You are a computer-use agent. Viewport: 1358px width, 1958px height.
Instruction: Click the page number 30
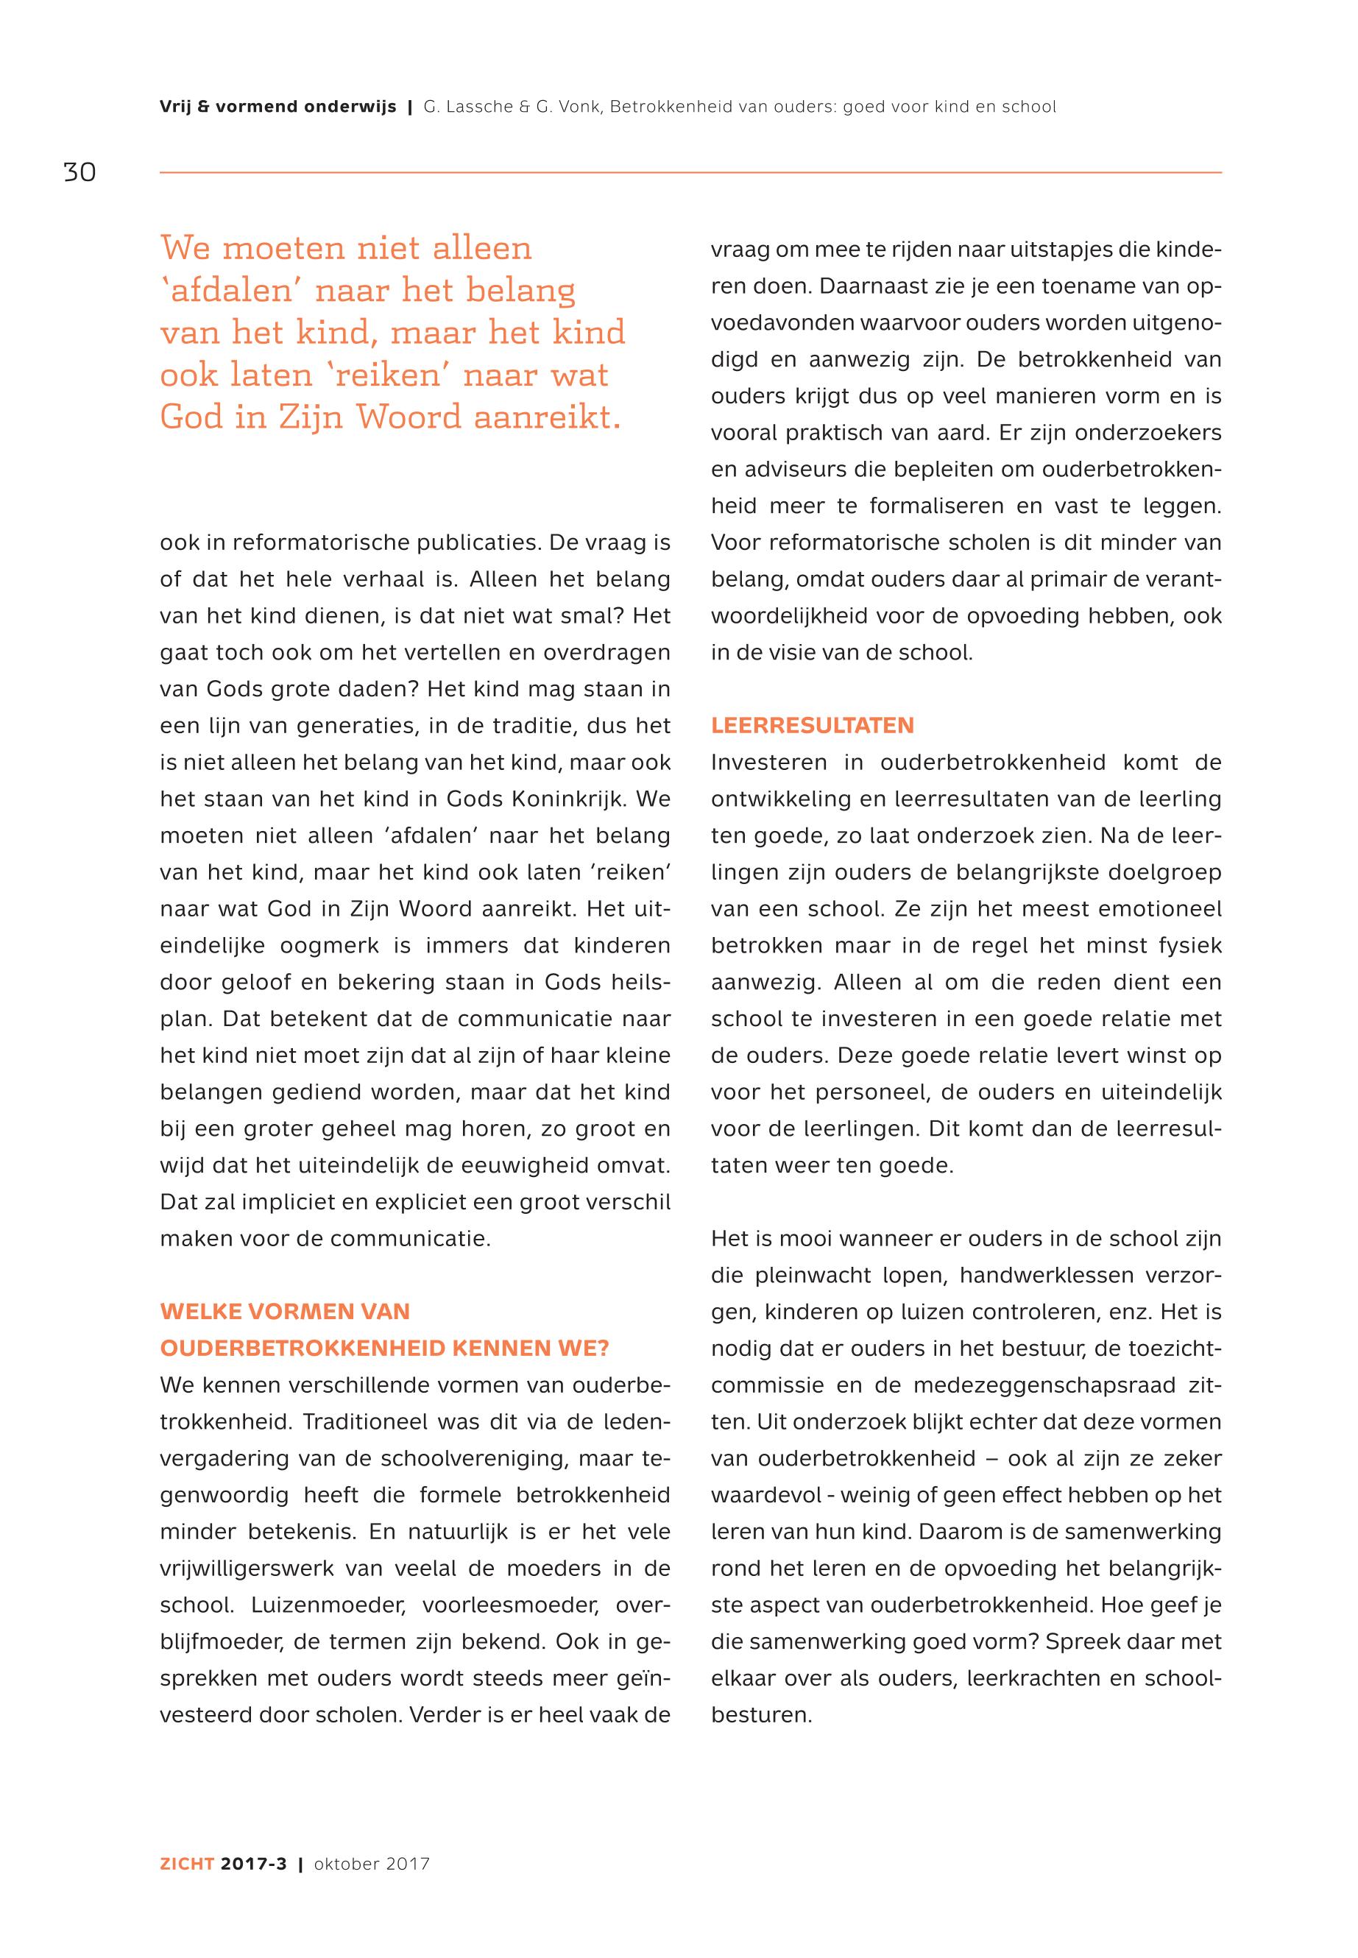(79, 173)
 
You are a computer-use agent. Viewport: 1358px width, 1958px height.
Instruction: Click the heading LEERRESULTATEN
(813, 726)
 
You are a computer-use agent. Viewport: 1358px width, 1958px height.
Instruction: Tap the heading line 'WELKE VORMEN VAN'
(285, 1311)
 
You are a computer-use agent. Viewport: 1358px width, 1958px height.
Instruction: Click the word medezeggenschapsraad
(1033, 1385)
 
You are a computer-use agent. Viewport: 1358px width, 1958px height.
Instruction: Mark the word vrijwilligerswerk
(252, 1569)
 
